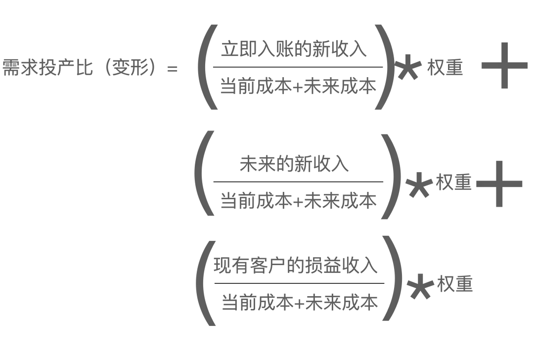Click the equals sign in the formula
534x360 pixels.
[172, 69]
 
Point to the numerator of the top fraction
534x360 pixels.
[293, 50]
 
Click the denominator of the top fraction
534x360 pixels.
[295, 86]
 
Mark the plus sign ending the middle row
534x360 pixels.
[500, 183]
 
